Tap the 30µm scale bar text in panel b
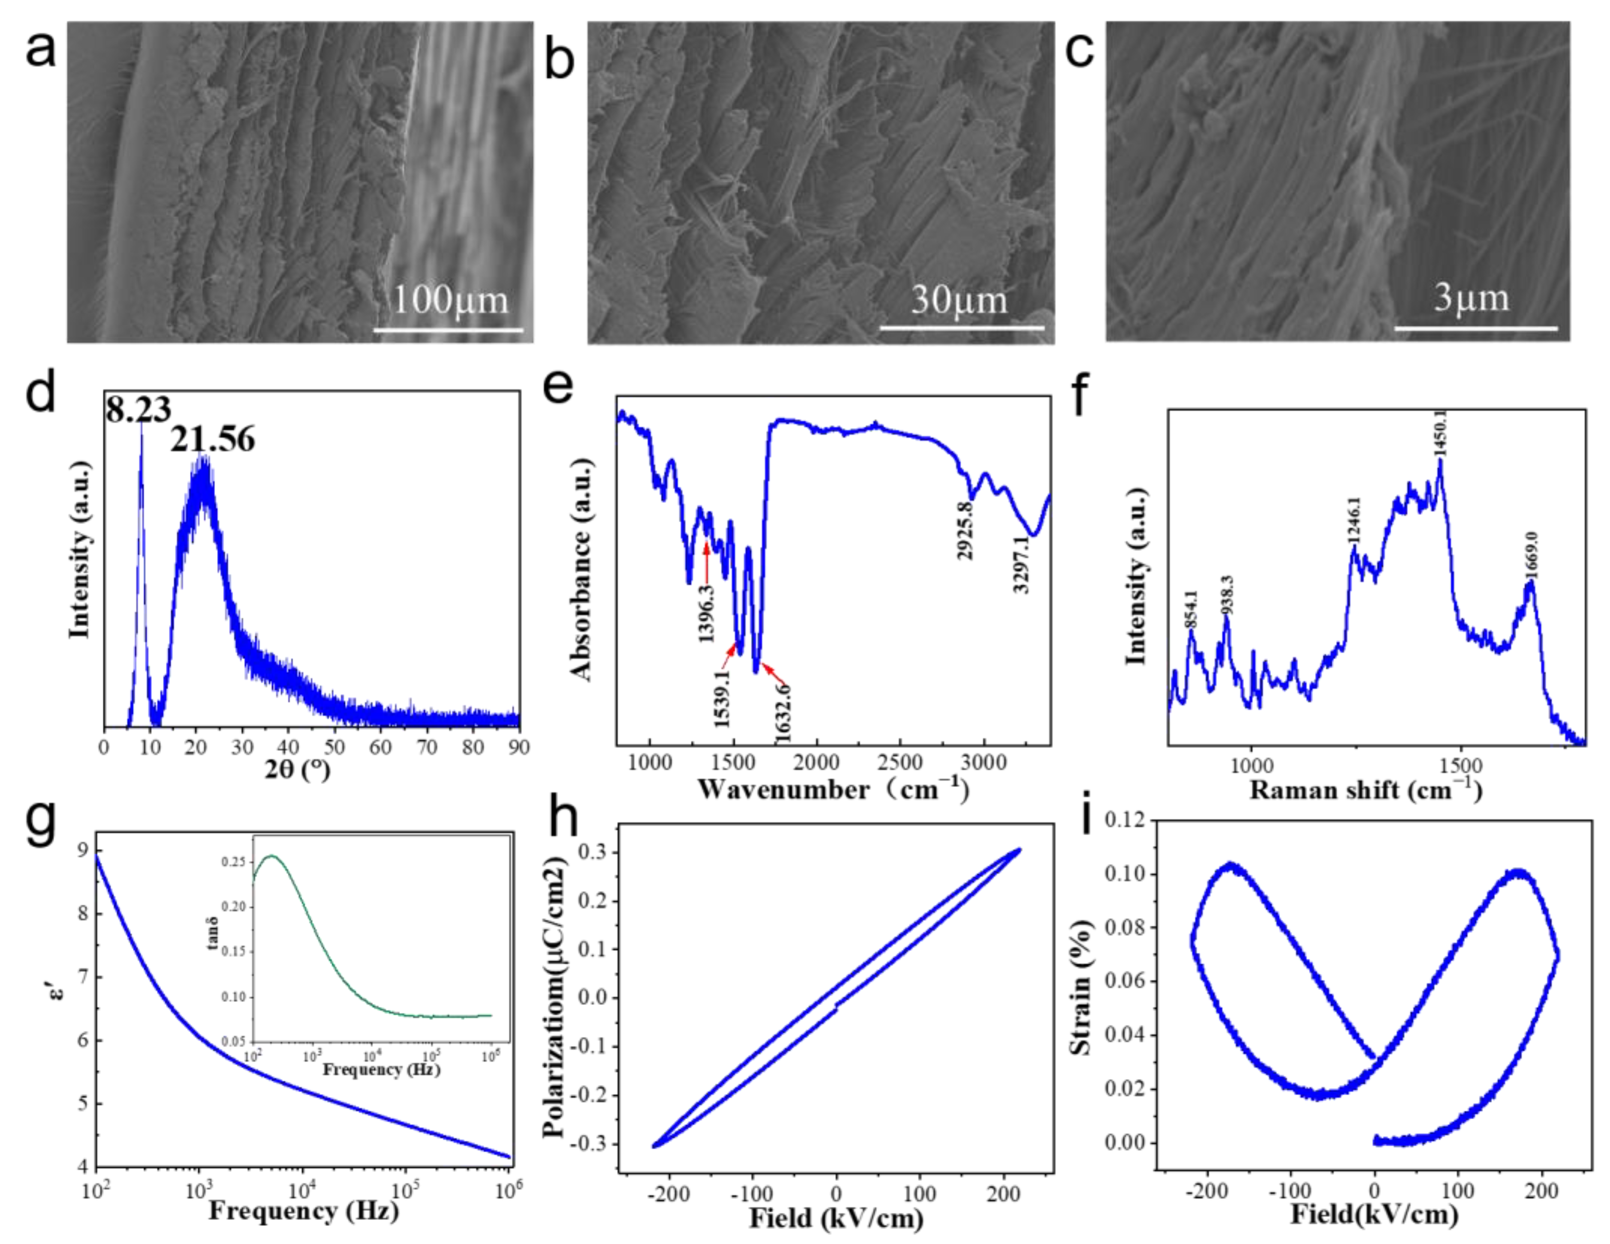[x=958, y=300]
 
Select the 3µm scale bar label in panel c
[x=1471, y=299]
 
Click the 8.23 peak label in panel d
[x=138, y=409]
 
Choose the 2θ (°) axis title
[x=298, y=770]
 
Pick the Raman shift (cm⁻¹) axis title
[x=1366, y=789]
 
